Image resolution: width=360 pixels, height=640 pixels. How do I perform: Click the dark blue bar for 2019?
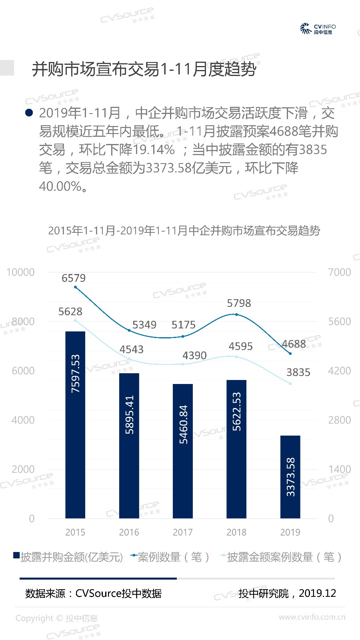tap(290, 477)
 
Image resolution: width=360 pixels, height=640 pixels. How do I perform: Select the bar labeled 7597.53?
tap(75, 425)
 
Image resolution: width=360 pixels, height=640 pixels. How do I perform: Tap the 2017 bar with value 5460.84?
tap(183, 451)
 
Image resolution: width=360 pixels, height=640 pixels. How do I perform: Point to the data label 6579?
tap(74, 278)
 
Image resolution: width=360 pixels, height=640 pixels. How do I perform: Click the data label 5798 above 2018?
tap(239, 303)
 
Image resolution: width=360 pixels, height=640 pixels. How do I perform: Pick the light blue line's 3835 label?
tap(298, 372)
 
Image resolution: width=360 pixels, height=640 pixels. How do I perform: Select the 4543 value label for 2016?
tap(131, 349)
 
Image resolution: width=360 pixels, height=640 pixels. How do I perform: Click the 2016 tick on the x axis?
tap(129, 532)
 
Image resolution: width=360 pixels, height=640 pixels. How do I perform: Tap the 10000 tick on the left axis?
tap(20, 272)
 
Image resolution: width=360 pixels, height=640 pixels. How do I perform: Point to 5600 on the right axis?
tap(339, 322)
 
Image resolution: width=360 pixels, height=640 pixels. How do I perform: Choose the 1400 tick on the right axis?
tap(339, 469)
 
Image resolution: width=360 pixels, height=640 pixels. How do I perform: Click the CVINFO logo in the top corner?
tap(318, 28)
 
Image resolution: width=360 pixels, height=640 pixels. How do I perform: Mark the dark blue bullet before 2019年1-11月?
tap(29, 113)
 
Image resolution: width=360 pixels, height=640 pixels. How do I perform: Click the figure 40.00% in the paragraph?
tap(60, 186)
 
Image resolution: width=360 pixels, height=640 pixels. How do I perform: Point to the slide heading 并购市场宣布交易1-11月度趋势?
tap(144, 69)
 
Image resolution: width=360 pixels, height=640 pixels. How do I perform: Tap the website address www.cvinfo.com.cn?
tap(312, 617)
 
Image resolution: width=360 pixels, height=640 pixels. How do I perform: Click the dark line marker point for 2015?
tap(75, 287)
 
